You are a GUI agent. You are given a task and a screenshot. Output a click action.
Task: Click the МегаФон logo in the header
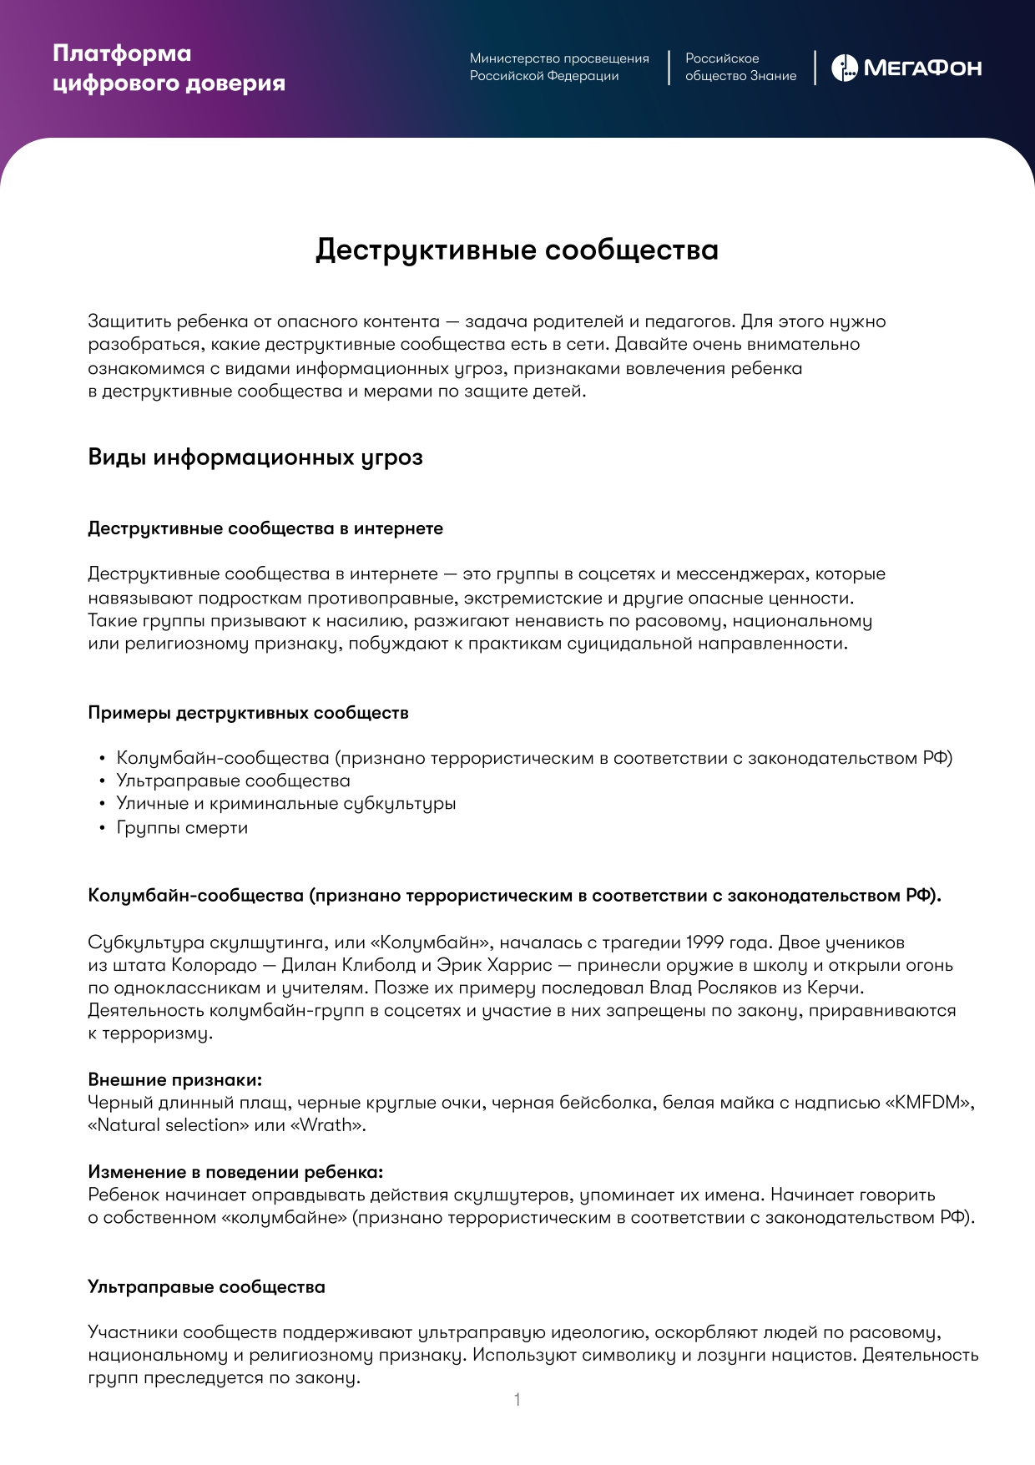906,68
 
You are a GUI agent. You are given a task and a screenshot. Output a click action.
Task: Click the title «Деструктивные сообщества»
517,250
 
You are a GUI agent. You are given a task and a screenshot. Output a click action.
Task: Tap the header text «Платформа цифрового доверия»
169,68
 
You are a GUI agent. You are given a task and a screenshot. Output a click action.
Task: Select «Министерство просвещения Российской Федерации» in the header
558,67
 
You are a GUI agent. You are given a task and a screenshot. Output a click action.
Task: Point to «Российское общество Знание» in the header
740,67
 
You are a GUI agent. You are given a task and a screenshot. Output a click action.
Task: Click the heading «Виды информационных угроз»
255,457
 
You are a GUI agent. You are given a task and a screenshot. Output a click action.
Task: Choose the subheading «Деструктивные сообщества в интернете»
265,528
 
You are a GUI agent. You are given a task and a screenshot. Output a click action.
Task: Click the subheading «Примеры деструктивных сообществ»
248,713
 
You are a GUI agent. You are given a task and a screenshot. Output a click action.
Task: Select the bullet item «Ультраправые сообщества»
233,780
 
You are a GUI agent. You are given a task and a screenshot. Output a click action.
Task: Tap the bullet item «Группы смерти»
182,827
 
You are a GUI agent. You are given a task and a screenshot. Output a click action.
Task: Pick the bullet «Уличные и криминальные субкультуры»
285,803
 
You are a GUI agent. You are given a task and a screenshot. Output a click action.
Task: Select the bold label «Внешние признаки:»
174,1080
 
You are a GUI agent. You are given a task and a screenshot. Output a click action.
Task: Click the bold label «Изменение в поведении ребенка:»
235,1172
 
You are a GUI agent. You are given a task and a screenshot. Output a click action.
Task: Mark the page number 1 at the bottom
517,1400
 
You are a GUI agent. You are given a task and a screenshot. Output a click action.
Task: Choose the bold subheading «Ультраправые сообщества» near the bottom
206,1287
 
